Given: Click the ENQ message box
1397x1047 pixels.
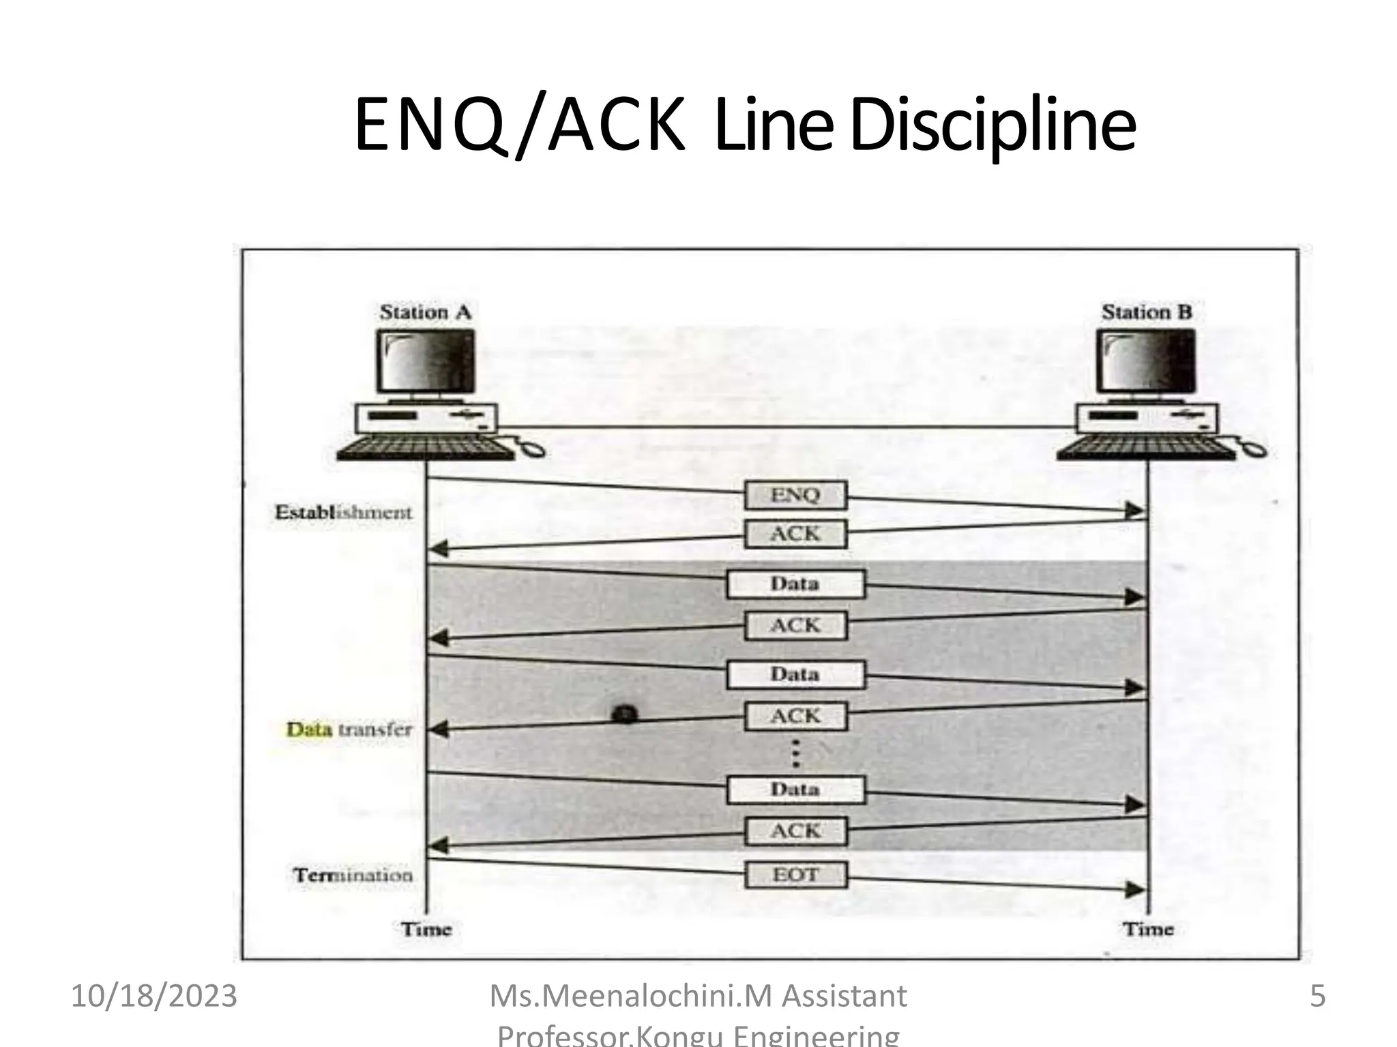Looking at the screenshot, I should click(x=795, y=495).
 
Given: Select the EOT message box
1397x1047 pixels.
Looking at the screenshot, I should click(x=795, y=875).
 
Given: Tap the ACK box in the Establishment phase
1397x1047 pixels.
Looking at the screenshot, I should click(x=795, y=534).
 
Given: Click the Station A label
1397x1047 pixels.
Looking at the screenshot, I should click(x=426, y=312).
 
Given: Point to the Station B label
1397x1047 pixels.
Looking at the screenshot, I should click(x=1147, y=312).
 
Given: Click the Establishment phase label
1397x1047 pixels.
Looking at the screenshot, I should click(x=343, y=513).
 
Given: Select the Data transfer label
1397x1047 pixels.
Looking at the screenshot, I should click(x=349, y=729).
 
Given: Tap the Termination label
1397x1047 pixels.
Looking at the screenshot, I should click(x=353, y=875).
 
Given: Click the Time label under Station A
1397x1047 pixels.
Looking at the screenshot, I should click(x=426, y=929).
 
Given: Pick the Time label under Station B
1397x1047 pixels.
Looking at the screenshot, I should click(x=1148, y=929).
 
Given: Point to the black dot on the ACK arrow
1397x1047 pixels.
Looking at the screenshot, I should click(x=625, y=714).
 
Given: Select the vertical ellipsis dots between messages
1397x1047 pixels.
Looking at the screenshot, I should click(x=795, y=754).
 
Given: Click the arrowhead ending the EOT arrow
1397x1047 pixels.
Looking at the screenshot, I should click(x=1135, y=890).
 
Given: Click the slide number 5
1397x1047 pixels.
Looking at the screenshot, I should click(x=1317, y=997).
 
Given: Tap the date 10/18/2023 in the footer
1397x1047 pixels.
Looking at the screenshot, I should click(x=154, y=997).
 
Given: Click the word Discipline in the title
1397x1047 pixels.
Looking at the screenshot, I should click(x=993, y=125).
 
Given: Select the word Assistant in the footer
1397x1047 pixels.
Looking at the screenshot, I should click(x=844, y=997).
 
